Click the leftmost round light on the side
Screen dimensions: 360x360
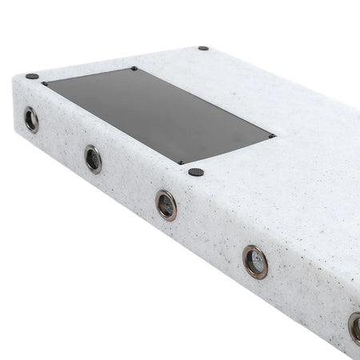(x=31, y=120)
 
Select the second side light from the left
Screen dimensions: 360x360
(x=94, y=158)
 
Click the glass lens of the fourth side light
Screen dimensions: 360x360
(x=256, y=262)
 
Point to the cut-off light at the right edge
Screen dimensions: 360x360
(x=354, y=328)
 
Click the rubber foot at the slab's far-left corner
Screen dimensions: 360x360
(x=31, y=76)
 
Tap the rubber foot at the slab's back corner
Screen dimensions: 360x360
(x=203, y=48)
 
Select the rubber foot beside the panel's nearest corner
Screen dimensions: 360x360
(x=196, y=171)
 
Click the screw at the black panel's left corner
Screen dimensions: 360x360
(x=45, y=83)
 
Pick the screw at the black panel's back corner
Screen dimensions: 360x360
(x=134, y=69)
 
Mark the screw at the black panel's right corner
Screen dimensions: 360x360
(x=272, y=136)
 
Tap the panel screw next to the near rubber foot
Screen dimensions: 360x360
(x=182, y=163)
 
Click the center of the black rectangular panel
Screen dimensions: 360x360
(x=158, y=114)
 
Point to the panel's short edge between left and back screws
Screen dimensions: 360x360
(x=89, y=76)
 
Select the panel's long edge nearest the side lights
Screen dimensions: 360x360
(x=112, y=122)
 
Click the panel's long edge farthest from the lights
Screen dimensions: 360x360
(x=202, y=102)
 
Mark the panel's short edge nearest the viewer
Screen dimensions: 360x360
(x=227, y=150)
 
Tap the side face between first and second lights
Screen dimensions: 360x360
(x=62, y=140)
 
